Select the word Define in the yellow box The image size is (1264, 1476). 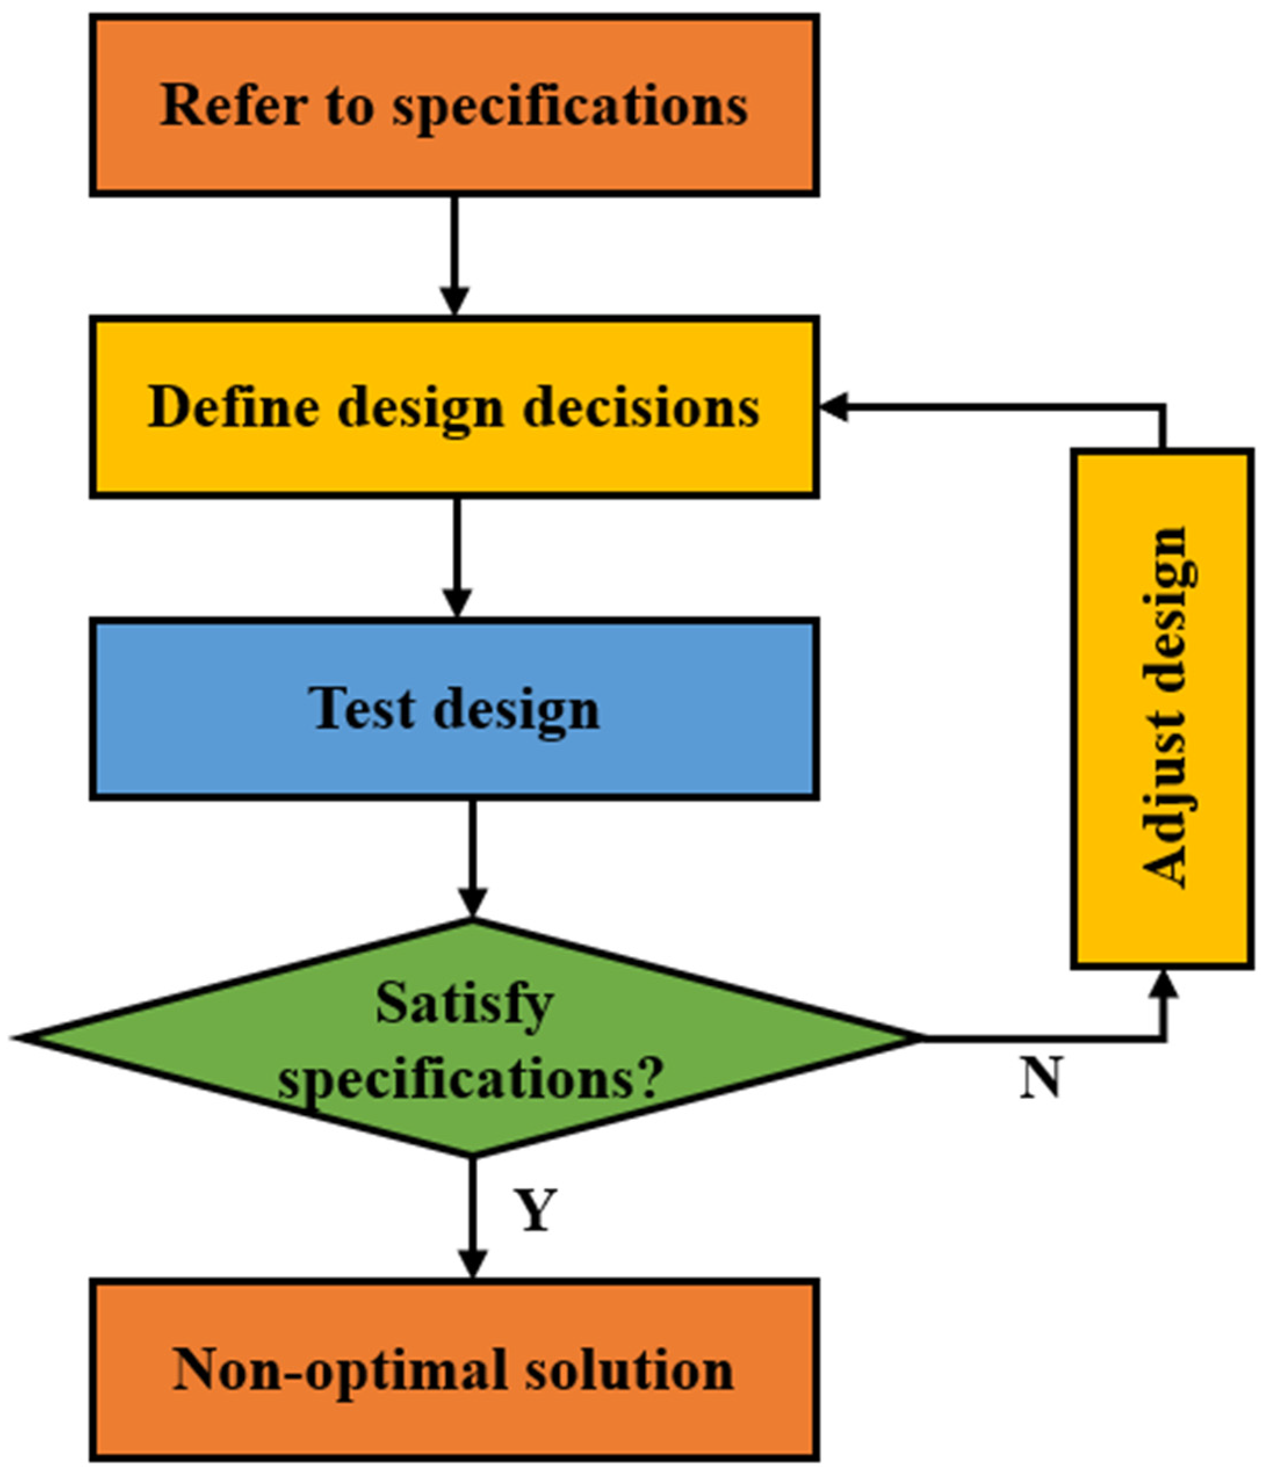coord(232,407)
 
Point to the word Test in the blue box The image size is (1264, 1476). coord(360,709)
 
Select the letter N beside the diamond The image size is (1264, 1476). coord(1040,1078)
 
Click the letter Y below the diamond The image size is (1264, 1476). coord(535,1211)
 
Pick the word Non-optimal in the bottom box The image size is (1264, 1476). coord(338,1370)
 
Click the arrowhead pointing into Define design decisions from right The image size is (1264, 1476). coord(833,407)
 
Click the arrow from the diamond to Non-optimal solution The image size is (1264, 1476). coord(472,1218)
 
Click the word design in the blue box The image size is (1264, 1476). coord(517,710)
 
